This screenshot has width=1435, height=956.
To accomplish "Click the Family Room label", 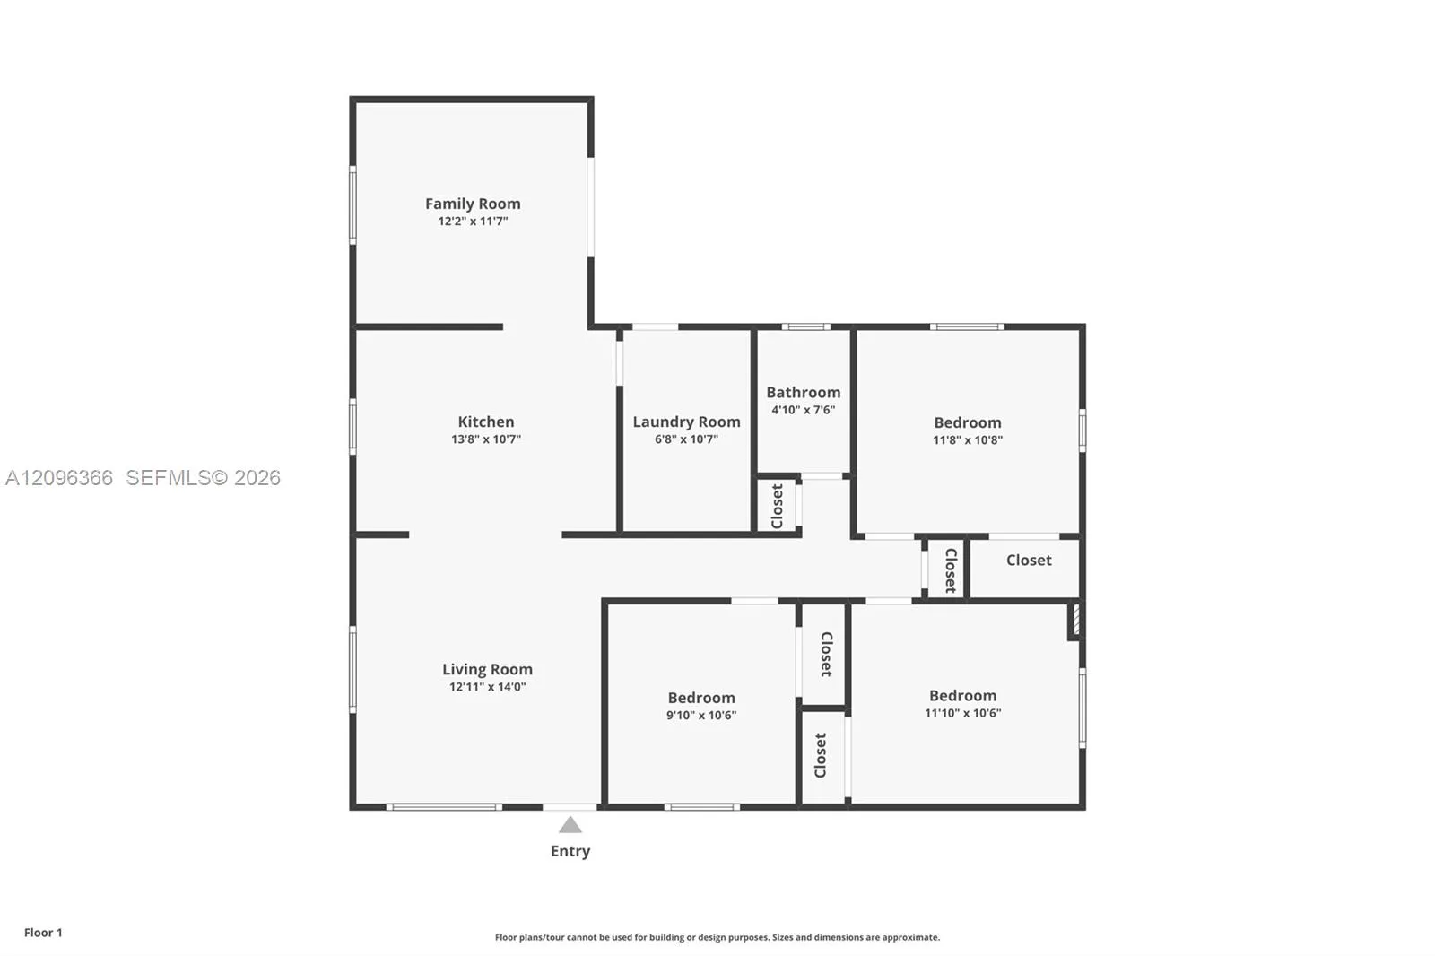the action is (473, 204).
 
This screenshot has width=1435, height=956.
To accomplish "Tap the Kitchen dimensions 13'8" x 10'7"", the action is (485, 439).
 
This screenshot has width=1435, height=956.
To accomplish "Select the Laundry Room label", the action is (686, 422).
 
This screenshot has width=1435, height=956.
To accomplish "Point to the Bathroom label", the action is (804, 392).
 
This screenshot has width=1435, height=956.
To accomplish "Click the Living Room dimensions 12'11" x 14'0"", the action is (488, 687).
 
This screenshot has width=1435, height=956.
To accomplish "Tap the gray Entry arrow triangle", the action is (570, 825).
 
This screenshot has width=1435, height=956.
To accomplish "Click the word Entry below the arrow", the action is (570, 851).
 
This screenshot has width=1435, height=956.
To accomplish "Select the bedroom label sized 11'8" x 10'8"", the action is (968, 423).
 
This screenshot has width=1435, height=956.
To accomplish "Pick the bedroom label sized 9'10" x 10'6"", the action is (701, 698).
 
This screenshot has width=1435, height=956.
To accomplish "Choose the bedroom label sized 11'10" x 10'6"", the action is (963, 696).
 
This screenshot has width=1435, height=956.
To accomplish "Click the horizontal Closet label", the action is (1029, 560).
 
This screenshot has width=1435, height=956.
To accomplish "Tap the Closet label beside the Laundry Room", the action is (777, 506).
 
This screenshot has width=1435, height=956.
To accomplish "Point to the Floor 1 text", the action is (44, 933).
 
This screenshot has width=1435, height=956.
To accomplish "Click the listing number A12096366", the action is (59, 478).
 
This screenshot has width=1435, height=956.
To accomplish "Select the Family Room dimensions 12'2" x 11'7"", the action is (473, 221).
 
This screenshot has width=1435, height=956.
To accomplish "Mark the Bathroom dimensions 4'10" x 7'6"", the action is (804, 410).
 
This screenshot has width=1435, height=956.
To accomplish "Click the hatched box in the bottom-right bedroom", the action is (1075, 620).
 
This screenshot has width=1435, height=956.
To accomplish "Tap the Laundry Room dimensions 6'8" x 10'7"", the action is (686, 439).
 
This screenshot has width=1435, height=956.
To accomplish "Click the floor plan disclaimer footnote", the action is (717, 937).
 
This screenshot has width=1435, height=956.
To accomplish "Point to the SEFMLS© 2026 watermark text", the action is (203, 478).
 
